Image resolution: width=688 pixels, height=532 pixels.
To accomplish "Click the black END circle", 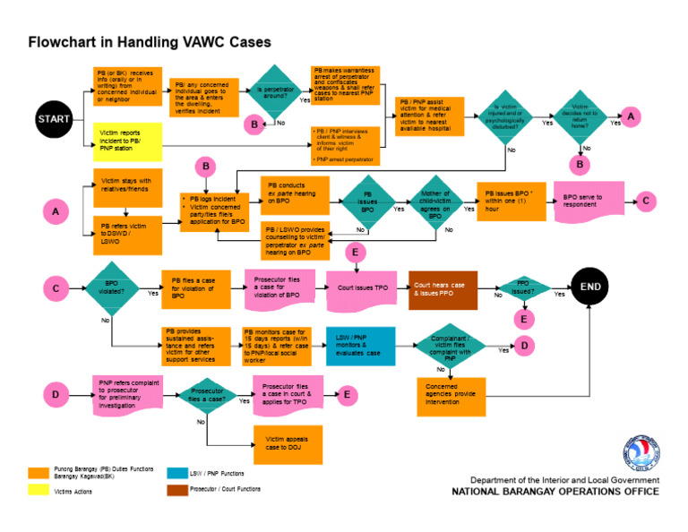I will (591, 287).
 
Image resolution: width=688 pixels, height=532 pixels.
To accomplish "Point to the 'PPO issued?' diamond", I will (523, 288).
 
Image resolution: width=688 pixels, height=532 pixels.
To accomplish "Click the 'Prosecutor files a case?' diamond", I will (208, 397).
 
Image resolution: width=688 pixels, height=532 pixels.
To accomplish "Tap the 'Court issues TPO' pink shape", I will (362, 288).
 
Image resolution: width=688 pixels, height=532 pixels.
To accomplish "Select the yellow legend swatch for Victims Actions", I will (38, 490).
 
